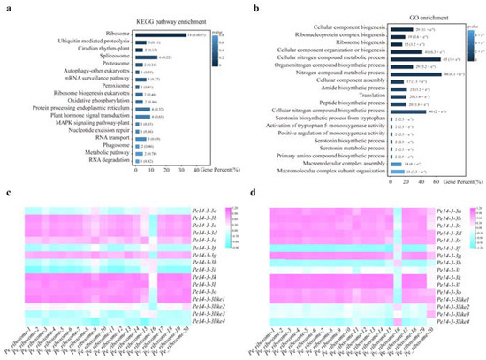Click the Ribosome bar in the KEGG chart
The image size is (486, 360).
(x=159, y=34)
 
